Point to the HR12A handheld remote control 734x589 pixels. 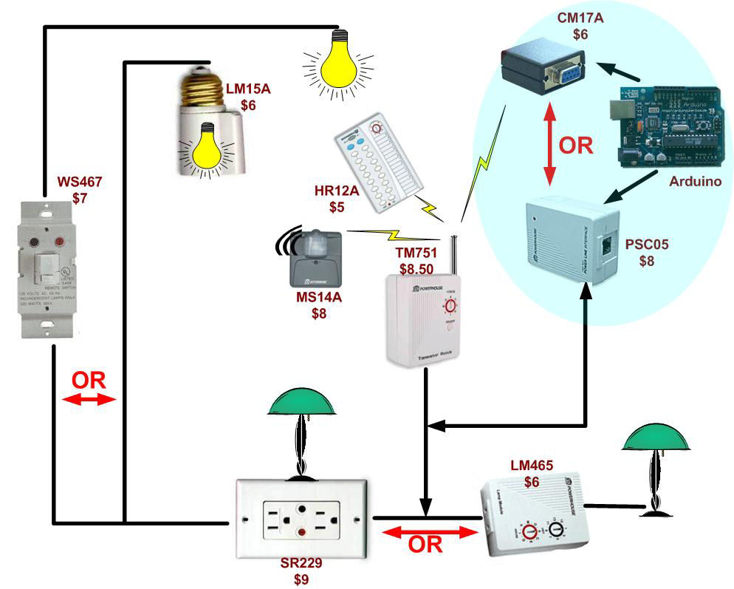(380, 158)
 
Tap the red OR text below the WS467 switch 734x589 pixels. (89, 381)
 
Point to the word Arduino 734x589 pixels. (695, 182)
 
